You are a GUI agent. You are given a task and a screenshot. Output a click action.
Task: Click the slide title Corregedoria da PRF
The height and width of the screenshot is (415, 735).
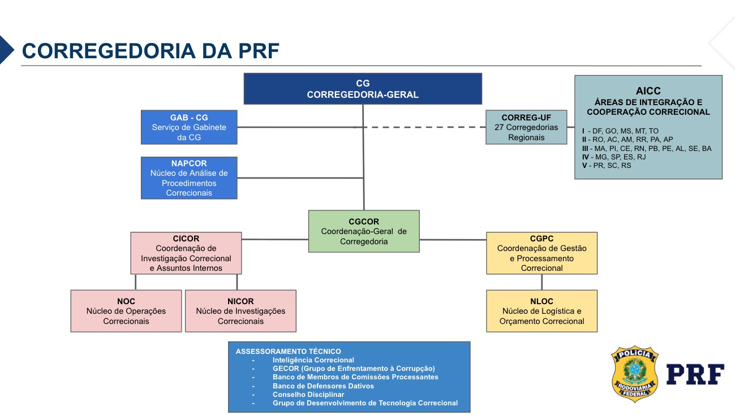(151, 50)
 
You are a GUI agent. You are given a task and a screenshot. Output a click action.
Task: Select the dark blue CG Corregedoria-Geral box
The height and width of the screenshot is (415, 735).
(363, 89)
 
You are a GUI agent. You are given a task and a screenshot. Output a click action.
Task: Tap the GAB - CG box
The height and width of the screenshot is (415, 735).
(189, 127)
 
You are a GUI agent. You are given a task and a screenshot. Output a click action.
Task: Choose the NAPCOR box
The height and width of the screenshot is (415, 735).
(189, 178)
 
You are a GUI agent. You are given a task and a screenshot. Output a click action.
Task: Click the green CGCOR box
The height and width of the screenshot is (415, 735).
(363, 231)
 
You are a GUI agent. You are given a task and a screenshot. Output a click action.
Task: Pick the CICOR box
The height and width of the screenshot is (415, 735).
(186, 253)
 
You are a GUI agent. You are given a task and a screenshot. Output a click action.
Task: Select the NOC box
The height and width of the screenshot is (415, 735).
(126, 311)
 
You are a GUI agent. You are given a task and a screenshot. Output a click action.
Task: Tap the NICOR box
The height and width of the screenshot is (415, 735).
(240, 311)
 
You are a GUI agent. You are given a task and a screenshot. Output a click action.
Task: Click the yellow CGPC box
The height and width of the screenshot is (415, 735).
(541, 253)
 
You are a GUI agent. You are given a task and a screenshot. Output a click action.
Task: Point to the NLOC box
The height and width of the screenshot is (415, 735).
(541, 311)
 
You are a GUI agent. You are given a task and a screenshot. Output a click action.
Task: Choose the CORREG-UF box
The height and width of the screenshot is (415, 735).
(526, 127)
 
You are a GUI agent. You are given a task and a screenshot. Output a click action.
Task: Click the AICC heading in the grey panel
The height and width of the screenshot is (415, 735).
(648, 90)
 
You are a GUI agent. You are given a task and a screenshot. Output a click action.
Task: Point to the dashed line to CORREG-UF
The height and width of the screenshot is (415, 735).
(424, 127)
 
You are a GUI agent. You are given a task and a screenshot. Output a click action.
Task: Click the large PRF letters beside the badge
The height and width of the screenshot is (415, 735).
(695, 374)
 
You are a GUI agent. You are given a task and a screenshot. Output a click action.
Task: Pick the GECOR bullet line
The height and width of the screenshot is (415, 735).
(353, 369)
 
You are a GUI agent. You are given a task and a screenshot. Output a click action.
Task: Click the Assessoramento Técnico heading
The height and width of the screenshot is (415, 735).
(289, 351)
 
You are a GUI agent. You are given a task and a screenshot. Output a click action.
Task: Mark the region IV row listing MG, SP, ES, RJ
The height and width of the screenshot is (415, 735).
(613, 157)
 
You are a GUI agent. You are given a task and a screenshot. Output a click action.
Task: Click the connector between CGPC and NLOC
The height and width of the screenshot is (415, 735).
(542, 282)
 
